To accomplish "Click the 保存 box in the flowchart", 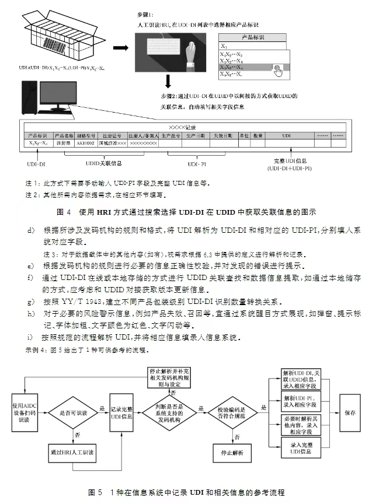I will [x=350, y=412].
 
